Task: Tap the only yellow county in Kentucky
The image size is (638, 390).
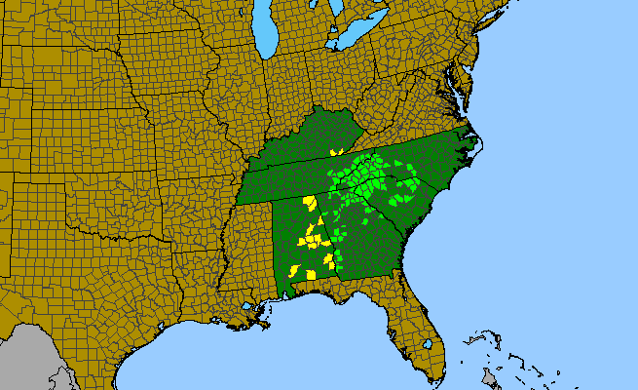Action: pos(334,152)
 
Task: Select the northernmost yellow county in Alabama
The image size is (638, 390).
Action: pos(310,202)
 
